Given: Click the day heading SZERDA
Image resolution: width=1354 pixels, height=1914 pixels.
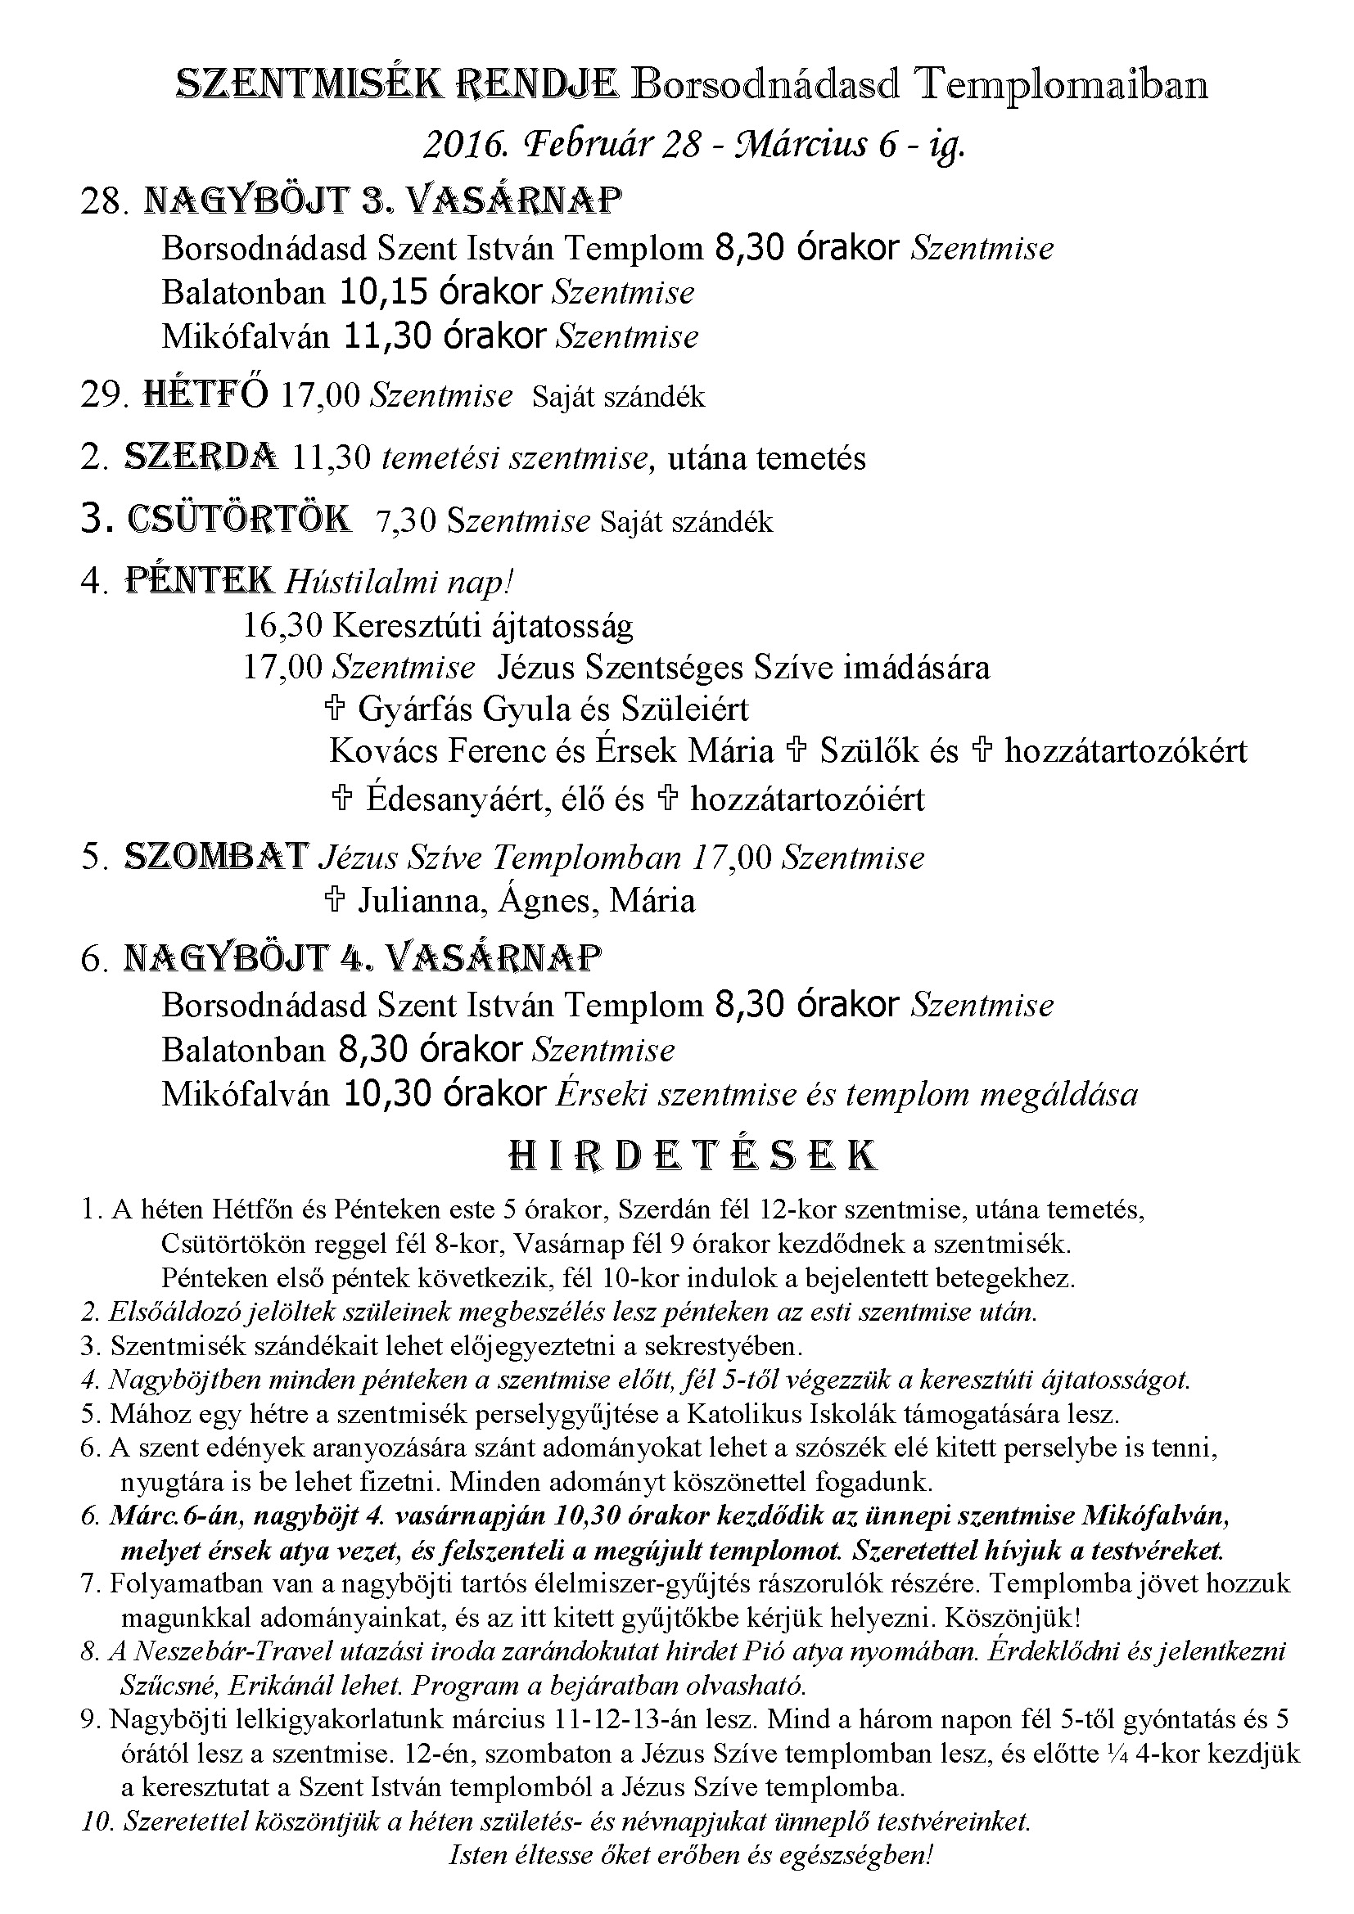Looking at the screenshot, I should tap(201, 457).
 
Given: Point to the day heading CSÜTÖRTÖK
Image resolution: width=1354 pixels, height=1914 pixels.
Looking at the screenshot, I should tap(239, 520).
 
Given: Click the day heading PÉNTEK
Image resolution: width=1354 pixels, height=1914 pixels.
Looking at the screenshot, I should tap(199, 581).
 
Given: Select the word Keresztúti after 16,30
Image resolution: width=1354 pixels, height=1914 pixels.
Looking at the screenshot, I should tap(406, 625).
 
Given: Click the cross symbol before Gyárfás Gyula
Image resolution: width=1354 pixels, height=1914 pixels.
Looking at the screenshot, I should tap(334, 709).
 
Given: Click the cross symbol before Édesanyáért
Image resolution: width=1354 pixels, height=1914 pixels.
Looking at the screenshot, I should tap(342, 799).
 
